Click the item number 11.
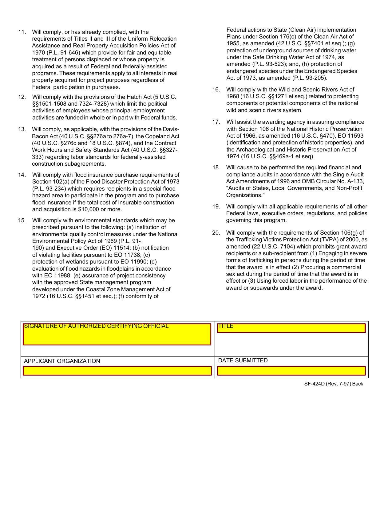[22, 32]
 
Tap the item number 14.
[22, 175]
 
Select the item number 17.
[216, 122]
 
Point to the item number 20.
[216, 233]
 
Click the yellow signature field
[117, 336]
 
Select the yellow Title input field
[291, 329]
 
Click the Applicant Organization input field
[117, 371]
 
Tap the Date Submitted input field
[291, 371]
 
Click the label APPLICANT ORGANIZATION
[62, 361]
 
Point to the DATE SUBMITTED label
[243, 360]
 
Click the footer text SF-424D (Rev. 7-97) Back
[334, 384]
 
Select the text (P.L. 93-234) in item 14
[49, 189]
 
